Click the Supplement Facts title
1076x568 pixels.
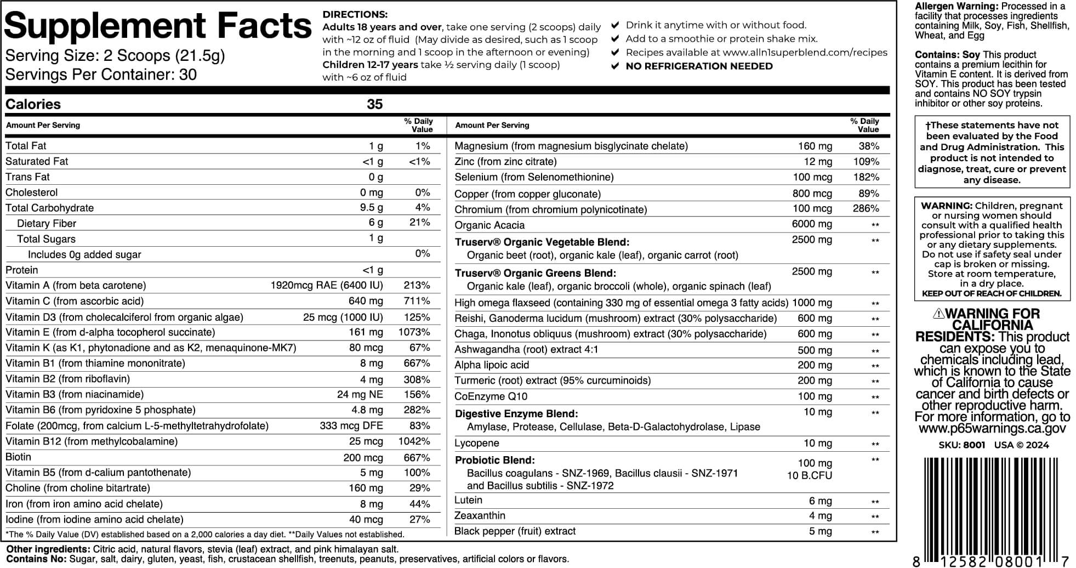[x=158, y=26]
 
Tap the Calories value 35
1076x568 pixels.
[x=374, y=104]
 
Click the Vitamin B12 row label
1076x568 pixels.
[x=91, y=441]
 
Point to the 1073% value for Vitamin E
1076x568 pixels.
[x=414, y=332]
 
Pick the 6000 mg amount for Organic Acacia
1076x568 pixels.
[x=812, y=224]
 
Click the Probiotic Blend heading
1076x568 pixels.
[x=494, y=460]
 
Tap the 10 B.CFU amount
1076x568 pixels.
[x=809, y=475]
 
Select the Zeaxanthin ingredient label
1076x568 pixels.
[x=480, y=515]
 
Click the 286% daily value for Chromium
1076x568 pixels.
[x=866, y=208]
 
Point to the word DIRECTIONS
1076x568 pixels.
[x=355, y=15]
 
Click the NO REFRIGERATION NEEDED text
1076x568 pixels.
[x=699, y=66]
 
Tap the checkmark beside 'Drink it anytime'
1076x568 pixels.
[x=615, y=25]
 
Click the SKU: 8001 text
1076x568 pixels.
[x=961, y=445]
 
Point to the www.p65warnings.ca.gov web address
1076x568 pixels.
[x=992, y=429]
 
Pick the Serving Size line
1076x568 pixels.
[x=115, y=56]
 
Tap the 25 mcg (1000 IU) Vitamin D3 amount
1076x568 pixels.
[x=343, y=317]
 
